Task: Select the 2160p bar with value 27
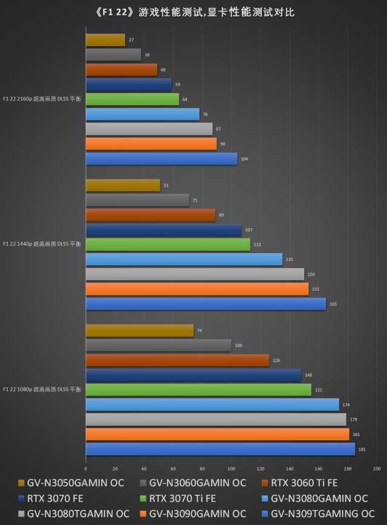pos(105,40)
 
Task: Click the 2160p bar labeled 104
pos(161,159)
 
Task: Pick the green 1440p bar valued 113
pos(167,245)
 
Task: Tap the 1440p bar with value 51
pos(123,185)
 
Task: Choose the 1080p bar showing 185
pos(220,449)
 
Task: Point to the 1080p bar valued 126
pos(177,360)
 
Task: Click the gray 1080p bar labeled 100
pos(158,345)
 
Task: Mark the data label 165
pos(333,304)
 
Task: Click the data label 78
pos(206,114)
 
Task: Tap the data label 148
pos(308,375)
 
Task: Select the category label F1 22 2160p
pos(42,99)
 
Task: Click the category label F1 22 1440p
pos(42,244)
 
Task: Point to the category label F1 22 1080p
pos(42,389)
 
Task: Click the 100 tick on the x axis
pos(231,469)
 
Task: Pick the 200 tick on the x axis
pos(377,469)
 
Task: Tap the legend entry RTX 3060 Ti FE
pos(304,483)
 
